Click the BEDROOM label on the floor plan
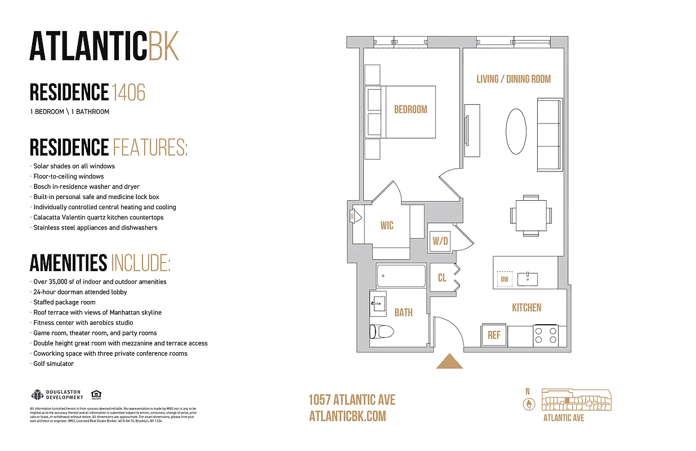411,109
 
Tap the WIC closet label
387,225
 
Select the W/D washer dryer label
440,242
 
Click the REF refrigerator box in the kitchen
494,335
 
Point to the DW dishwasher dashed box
505,279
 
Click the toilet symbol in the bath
381,331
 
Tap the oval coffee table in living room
516,131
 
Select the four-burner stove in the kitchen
545,335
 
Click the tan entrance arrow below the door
449,361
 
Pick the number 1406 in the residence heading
128,92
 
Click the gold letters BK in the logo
164,46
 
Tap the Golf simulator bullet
53,364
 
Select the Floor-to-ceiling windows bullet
69,176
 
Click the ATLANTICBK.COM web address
347,416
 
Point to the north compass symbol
528,404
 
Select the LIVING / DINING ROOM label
514,79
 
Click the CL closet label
442,278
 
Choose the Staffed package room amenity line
64,302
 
